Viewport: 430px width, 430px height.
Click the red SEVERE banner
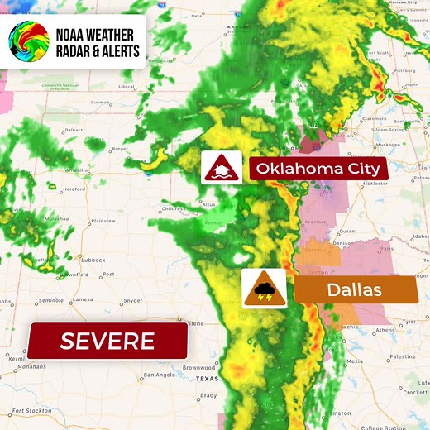coord(107,341)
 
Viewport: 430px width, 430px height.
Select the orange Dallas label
coord(356,290)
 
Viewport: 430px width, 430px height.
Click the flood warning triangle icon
coord(222,168)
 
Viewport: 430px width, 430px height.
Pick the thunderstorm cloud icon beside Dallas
coord(265,290)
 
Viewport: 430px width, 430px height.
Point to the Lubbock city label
coord(93,260)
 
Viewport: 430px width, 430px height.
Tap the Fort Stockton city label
coord(33,411)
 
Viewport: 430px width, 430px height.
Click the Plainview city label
coord(103,221)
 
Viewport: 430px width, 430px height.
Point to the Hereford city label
coord(74,189)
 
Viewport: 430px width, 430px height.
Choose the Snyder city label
coord(132,300)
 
